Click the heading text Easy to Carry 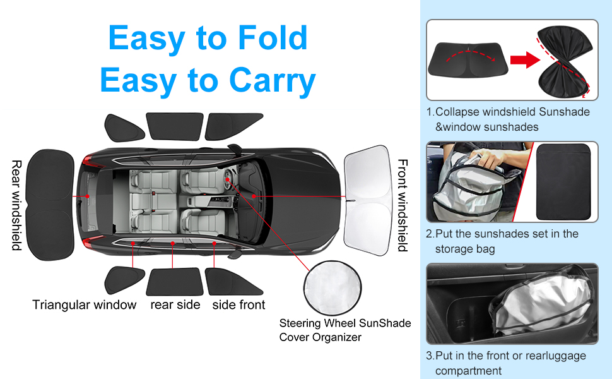tap(208, 81)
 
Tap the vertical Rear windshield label tap(17, 205)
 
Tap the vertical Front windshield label tap(402, 205)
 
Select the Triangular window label tap(85, 305)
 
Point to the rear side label tap(175, 305)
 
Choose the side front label tap(238, 305)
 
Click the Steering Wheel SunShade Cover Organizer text tap(344, 330)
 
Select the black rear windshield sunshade tap(49, 196)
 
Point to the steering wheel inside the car tap(227, 180)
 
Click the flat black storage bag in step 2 tap(567, 181)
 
